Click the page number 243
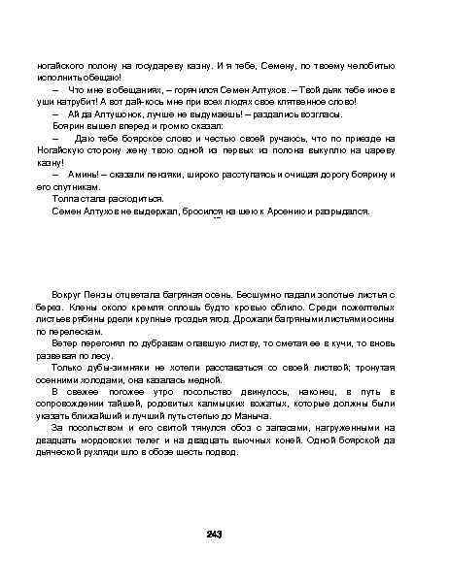tap(216, 535)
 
